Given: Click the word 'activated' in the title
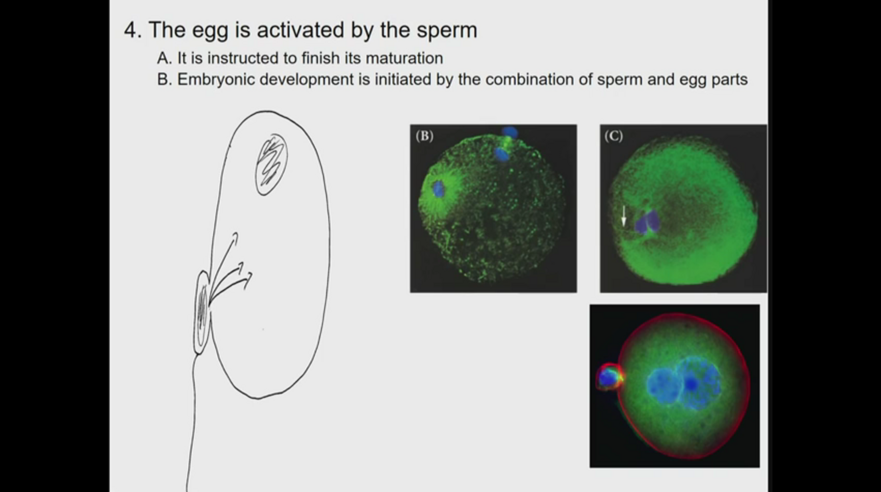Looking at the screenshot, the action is point(300,30).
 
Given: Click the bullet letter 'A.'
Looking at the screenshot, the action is point(165,58).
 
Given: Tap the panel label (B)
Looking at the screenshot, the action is point(424,136).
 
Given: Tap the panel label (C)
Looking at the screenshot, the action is point(613,136).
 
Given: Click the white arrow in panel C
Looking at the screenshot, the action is point(624,216).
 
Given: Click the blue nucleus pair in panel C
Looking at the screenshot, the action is point(647,222).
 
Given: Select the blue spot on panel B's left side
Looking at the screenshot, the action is point(438,189).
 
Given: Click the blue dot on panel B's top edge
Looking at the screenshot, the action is point(510,132).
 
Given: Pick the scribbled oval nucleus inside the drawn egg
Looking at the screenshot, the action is point(271,165).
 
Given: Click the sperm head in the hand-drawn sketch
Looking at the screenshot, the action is point(202,313).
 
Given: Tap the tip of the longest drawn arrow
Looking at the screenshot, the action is point(236,233).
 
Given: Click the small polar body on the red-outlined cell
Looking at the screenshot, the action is point(609,377).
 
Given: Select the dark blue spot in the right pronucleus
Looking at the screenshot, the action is point(691,384).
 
